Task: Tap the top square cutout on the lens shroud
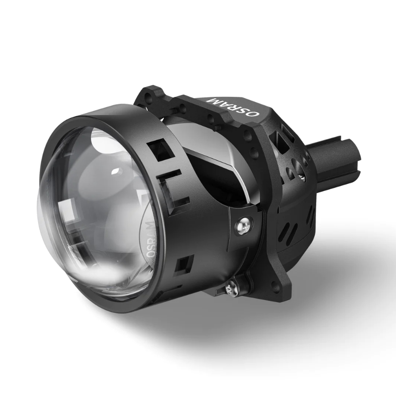point(160,151)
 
